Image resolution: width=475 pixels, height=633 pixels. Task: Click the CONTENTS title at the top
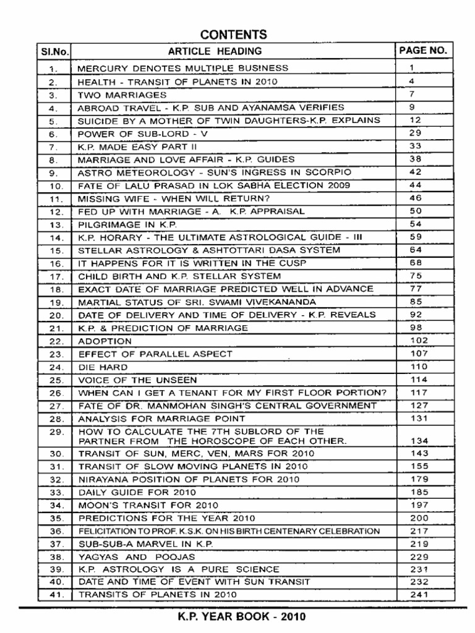(x=237, y=34)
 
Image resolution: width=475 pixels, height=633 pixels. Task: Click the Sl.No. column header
(x=54, y=51)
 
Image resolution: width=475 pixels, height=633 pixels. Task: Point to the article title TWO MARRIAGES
(x=122, y=96)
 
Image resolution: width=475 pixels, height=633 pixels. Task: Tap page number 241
(x=419, y=595)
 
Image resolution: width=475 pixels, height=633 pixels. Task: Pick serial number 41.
(x=54, y=595)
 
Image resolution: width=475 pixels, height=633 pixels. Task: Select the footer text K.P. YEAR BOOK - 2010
(x=237, y=616)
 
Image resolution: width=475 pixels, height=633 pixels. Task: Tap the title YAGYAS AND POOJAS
(x=132, y=556)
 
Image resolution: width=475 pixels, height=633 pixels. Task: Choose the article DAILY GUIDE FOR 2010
(x=137, y=492)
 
